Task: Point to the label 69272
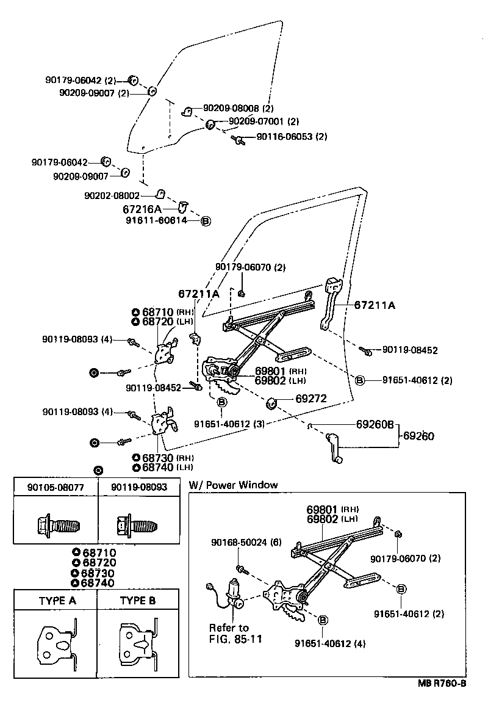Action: (311, 399)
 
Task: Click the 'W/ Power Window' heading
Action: (233, 485)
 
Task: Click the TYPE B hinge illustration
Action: (139, 643)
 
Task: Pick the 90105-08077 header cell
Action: (56, 488)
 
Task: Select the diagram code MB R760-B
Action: (442, 684)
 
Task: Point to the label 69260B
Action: (375, 424)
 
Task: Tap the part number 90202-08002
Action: (112, 196)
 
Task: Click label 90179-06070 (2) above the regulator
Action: (251, 267)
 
